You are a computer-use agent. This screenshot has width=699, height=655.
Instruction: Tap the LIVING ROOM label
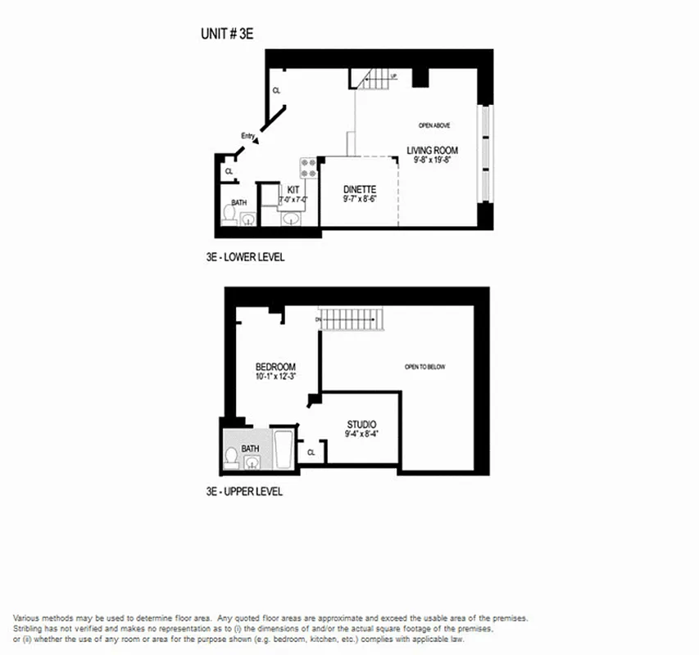pos(432,150)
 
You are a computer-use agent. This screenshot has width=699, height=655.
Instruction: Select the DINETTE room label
pos(359,188)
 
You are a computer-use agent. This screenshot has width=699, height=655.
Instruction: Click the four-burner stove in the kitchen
pos(309,168)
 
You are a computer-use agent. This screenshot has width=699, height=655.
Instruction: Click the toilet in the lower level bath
pos(230,215)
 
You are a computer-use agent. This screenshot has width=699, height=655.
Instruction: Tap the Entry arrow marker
pos(256,140)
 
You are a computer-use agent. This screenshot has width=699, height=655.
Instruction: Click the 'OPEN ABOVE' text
pos(434,125)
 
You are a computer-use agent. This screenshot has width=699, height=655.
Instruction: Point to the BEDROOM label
pos(275,366)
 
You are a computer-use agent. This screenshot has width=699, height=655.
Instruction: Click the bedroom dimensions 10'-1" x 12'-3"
pos(275,377)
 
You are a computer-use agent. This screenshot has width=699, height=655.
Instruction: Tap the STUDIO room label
pos(361,424)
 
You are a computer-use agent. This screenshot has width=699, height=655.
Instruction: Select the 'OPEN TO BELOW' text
pos(424,367)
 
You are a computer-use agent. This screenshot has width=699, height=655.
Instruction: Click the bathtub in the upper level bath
pos(284,449)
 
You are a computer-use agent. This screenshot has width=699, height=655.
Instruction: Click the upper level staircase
pos(351,318)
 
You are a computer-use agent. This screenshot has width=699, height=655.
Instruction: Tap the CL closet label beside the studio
pos(311,451)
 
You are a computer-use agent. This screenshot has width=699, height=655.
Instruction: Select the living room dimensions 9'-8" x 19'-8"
pos(432,160)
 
